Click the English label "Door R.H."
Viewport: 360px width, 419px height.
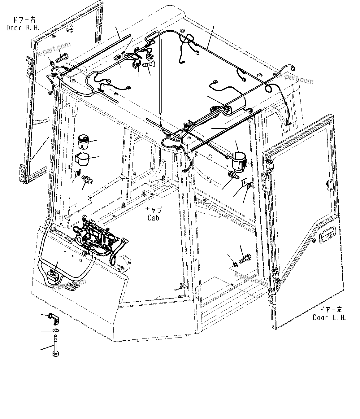click(23, 28)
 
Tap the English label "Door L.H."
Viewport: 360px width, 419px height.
click(329, 317)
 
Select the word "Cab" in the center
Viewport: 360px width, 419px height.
click(153, 218)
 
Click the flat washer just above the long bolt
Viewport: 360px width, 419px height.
click(55, 331)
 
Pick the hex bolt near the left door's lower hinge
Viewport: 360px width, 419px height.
click(245, 257)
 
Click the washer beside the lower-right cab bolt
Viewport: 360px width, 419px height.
click(235, 264)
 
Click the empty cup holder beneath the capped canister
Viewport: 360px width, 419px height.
click(83, 158)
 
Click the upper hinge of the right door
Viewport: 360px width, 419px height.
click(30, 65)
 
